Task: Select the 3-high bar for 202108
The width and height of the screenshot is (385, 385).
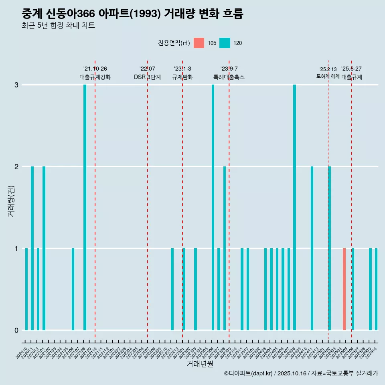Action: (x=85, y=207)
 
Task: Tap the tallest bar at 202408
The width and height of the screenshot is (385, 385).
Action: (x=294, y=207)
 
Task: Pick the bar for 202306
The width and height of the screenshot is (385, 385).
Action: (x=213, y=207)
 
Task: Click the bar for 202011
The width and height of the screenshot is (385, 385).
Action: (x=32, y=248)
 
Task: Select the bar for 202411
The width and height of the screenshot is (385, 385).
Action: (x=312, y=248)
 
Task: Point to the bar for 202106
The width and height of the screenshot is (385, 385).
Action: (x=73, y=289)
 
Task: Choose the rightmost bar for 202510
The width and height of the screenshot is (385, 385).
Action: (x=376, y=289)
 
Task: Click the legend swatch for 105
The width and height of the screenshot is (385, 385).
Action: (x=199, y=43)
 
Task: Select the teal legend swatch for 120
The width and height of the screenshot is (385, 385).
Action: (x=225, y=43)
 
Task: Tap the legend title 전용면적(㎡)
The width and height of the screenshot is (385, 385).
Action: (x=174, y=43)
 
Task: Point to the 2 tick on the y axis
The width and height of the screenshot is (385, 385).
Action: (x=16, y=166)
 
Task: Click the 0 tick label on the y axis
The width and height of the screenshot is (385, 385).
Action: (x=16, y=330)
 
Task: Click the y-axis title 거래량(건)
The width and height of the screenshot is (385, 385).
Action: (x=11, y=201)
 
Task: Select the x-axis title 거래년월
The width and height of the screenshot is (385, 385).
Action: (x=200, y=364)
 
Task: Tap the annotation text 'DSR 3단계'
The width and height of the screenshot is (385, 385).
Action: (x=147, y=77)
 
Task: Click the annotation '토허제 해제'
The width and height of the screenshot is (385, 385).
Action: (x=328, y=76)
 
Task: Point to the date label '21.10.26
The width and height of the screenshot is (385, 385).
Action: (x=95, y=69)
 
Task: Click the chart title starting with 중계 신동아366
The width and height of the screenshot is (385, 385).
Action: (x=132, y=14)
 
